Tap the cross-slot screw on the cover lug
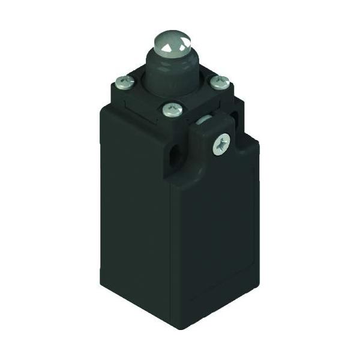221,144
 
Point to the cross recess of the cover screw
221,144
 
